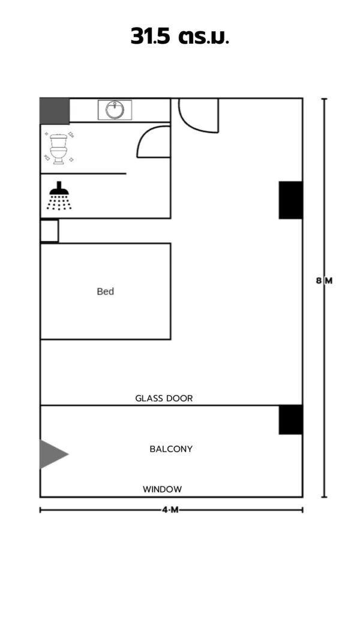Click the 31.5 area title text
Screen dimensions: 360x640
pos(179,37)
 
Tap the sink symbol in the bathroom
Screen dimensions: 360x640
pos(115,110)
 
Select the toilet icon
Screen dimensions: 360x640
pos(59,149)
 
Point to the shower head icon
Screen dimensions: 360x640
pos(59,196)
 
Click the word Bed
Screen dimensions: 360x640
pos(106,292)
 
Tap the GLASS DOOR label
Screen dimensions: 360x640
pos(164,398)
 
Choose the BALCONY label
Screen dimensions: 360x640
pos(171,449)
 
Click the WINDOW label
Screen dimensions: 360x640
pos(163,489)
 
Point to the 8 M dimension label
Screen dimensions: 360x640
pos(325,281)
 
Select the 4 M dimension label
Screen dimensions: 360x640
pos(170,510)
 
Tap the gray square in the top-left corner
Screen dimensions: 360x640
pos(55,111)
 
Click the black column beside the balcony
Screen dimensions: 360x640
pos(290,420)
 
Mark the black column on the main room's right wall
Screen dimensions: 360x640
pos(290,200)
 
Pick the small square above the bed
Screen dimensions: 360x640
pos(49,230)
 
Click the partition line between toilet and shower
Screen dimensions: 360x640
pos(83,173)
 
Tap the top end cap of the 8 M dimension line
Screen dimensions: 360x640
pos(325,99)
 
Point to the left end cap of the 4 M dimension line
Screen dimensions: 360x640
pos(40,510)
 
